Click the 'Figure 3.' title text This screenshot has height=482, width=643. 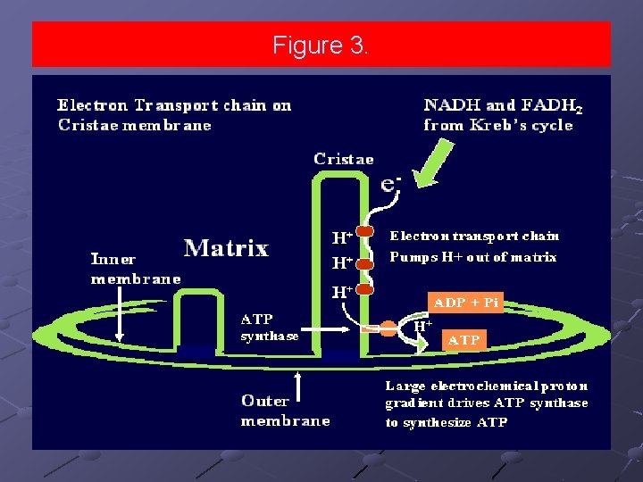click(x=320, y=45)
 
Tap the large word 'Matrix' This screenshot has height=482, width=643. click(x=225, y=247)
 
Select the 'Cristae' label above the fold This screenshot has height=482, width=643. click(x=344, y=159)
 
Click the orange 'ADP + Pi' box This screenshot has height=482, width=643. click(x=466, y=303)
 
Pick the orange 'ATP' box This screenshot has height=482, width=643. click(x=463, y=340)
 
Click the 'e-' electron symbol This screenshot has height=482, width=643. click(x=391, y=183)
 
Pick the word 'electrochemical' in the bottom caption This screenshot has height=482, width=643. click(x=475, y=386)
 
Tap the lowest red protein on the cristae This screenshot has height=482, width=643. click(x=364, y=288)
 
